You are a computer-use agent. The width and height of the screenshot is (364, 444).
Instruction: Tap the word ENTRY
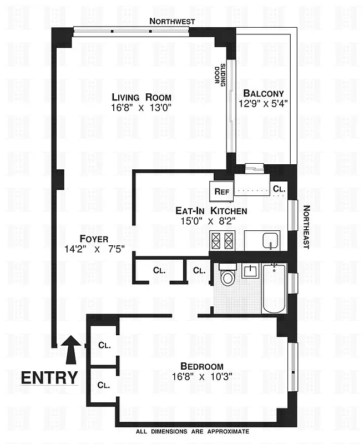point(49,378)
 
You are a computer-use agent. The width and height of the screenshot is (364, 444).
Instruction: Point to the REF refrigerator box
point(222,191)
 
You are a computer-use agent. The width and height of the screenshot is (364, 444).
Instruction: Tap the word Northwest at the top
point(172,21)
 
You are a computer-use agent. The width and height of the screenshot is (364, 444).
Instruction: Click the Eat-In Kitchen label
point(211,211)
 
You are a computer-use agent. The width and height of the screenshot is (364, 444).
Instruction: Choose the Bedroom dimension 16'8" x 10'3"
point(201,376)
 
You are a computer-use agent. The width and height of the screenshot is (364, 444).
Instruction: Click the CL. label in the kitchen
point(279,189)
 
